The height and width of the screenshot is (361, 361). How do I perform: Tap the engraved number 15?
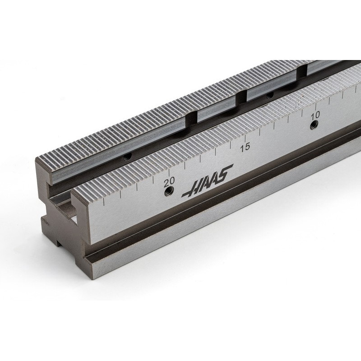tap(245, 147)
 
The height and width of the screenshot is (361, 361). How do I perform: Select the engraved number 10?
tap(315, 115)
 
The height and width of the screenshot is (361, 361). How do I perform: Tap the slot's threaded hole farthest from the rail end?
tap(270, 95)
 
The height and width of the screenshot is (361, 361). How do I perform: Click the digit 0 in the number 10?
tap(318, 114)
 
